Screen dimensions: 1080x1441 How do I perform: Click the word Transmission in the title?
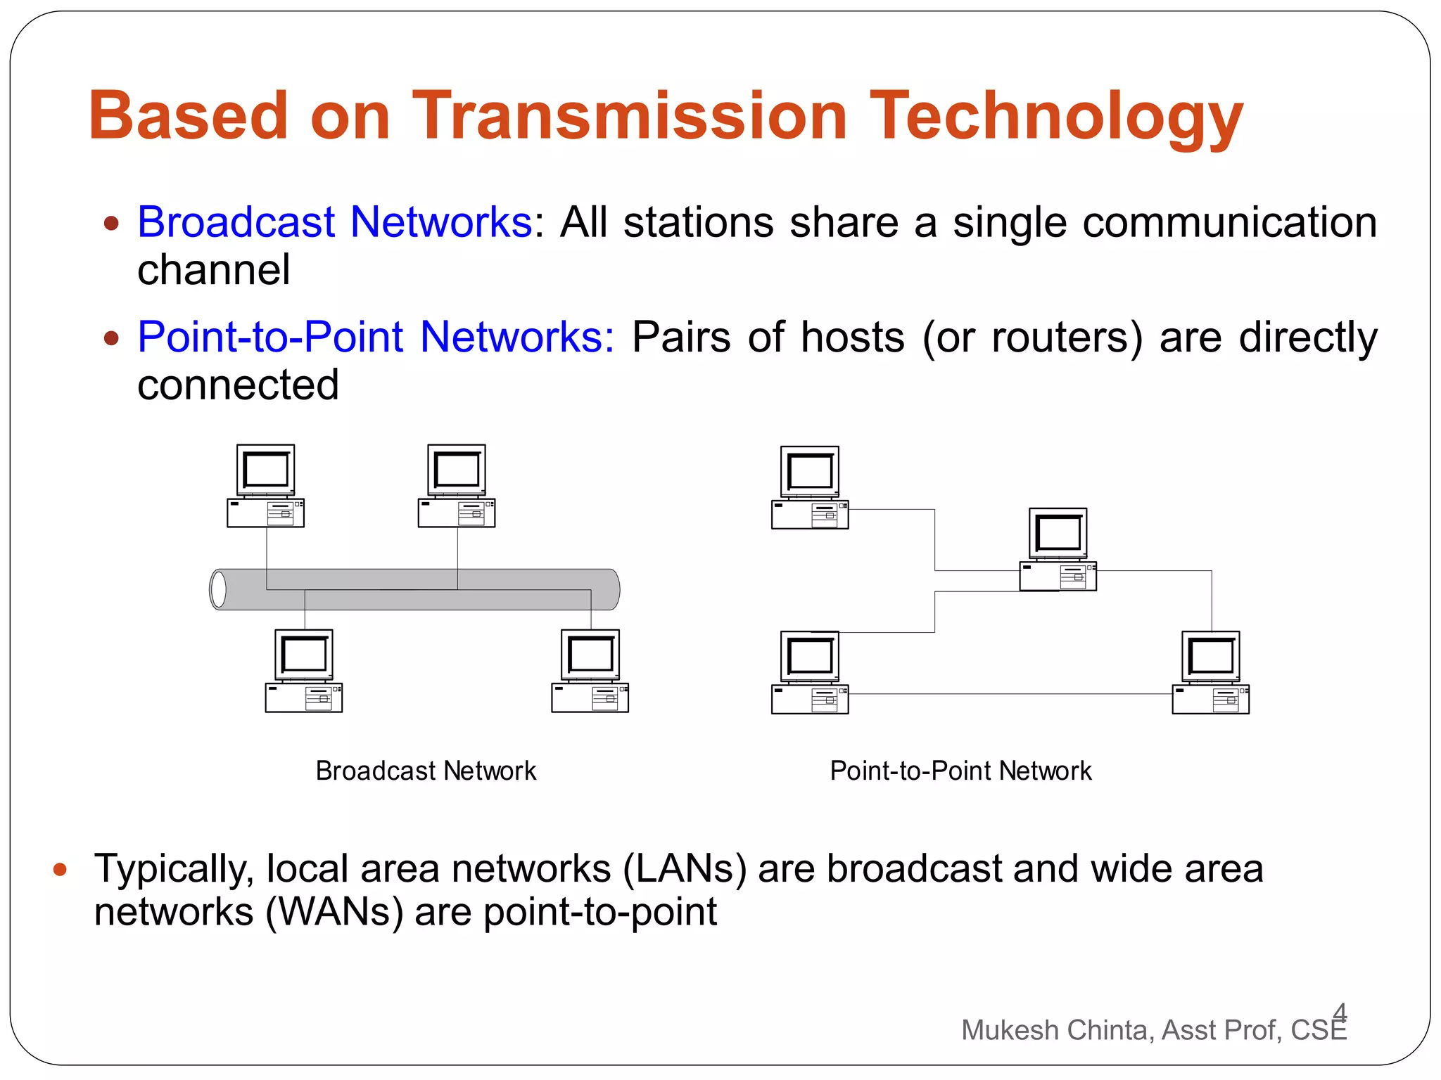tap(630, 116)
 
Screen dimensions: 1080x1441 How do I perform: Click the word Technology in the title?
tap(1057, 117)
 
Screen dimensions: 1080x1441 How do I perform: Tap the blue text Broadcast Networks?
tap(335, 222)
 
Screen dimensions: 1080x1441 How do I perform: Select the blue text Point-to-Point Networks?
tap(376, 337)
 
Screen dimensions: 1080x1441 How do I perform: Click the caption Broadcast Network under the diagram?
tap(426, 771)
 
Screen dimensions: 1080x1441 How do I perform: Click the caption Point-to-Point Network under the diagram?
tap(960, 771)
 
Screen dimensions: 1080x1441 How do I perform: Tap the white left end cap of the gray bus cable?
tap(219, 589)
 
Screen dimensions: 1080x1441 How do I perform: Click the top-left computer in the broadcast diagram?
tap(265, 486)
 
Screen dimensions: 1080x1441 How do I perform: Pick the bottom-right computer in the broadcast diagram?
tap(590, 671)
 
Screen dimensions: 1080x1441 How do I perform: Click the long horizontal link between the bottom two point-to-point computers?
tap(1010, 694)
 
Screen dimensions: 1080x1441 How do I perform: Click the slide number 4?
tap(1340, 1012)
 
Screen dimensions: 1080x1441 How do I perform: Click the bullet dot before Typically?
tap(60, 870)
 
